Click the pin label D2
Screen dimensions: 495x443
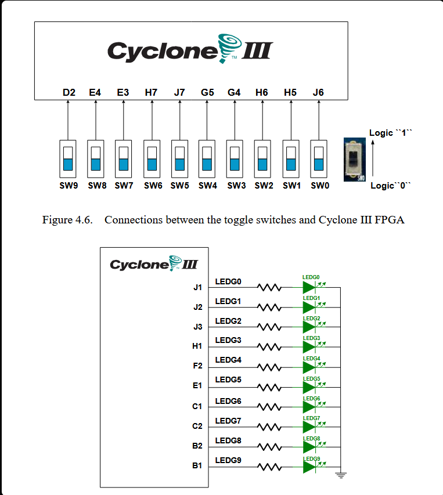(x=69, y=92)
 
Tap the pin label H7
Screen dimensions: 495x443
(x=151, y=92)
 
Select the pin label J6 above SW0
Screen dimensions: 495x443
(x=318, y=92)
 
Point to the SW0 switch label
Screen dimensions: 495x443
(x=320, y=186)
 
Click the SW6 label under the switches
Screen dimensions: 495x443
(x=153, y=186)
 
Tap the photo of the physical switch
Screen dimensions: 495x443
(x=355, y=160)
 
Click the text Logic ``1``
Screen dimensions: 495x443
(x=390, y=133)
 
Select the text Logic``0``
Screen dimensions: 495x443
(x=391, y=186)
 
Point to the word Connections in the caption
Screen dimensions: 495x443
(x=132, y=221)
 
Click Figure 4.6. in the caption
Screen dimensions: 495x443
(x=67, y=221)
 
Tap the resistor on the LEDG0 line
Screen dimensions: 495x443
(x=270, y=287)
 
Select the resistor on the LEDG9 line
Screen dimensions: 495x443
(x=270, y=467)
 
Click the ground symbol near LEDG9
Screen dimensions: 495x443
(x=340, y=476)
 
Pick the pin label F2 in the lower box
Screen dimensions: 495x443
(x=197, y=366)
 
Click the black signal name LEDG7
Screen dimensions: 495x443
(x=228, y=420)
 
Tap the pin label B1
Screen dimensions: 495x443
(x=197, y=466)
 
